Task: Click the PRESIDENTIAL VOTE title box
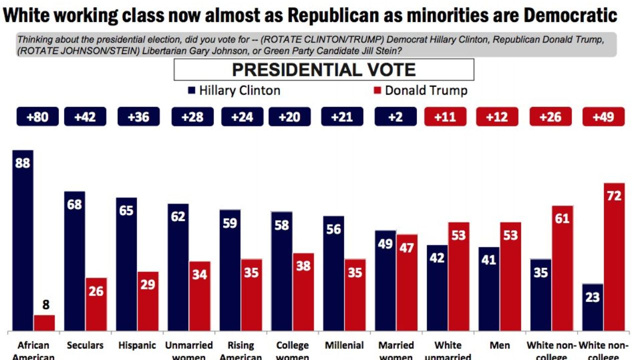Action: [x=323, y=69]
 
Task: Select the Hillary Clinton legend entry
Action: [x=234, y=90]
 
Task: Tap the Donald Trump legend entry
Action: [x=420, y=90]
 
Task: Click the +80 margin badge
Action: [x=37, y=117]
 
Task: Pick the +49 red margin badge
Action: [x=603, y=117]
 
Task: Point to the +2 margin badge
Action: [x=395, y=117]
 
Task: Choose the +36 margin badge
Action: [x=138, y=117]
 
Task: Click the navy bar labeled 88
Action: [x=23, y=240]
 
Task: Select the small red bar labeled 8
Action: [x=44, y=322]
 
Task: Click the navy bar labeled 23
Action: [x=592, y=307]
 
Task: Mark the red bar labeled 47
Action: [x=407, y=282]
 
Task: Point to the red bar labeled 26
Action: [x=96, y=304]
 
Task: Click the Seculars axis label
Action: [x=85, y=345]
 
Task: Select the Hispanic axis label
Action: [x=137, y=345]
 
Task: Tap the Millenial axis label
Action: [x=344, y=345]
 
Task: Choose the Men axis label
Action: [x=499, y=345]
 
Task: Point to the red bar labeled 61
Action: [x=562, y=268]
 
